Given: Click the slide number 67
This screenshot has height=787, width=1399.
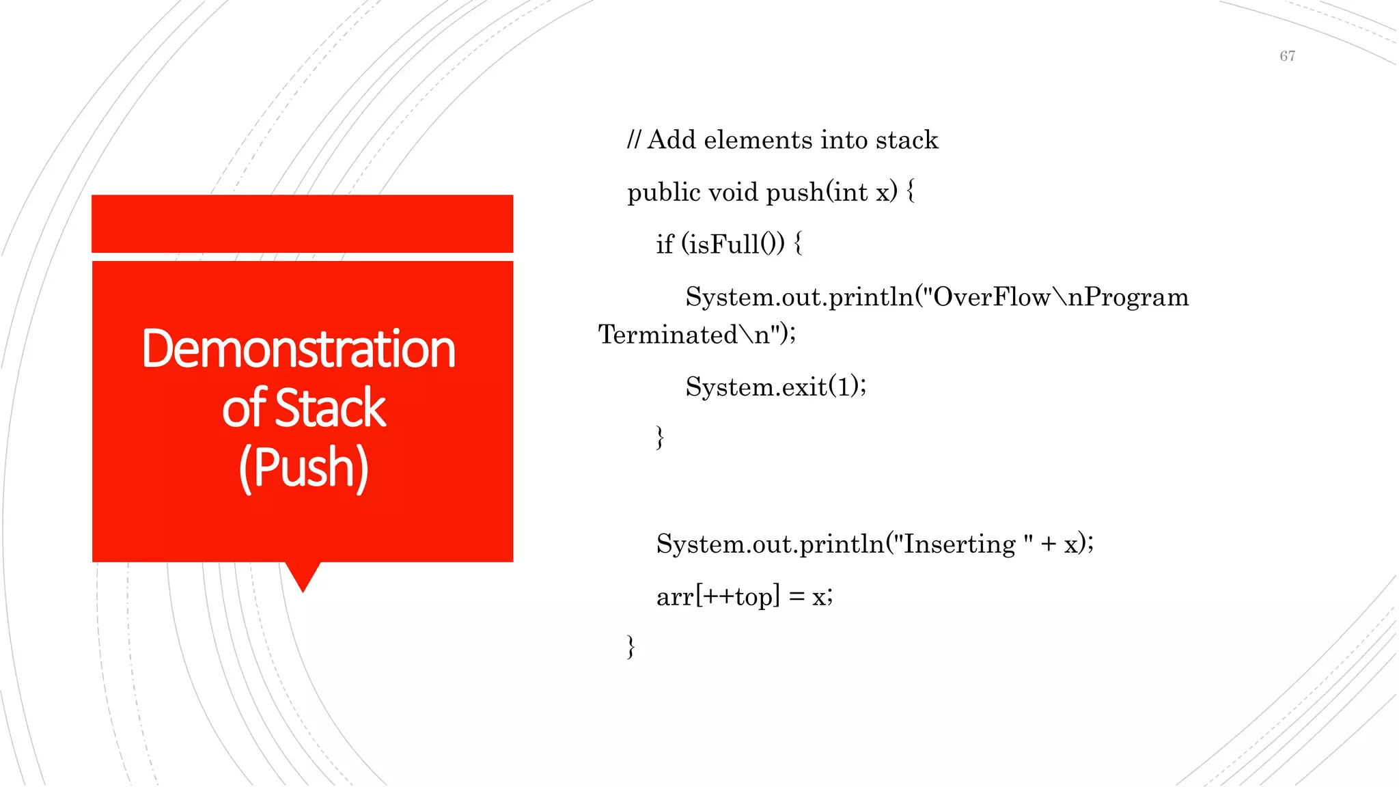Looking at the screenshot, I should click(1287, 56).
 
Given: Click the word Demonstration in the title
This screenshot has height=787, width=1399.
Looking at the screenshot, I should click(299, 349).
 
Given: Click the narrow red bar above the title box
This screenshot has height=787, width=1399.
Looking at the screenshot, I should click(302, 223).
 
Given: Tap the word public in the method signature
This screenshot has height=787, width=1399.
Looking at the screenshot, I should click(664, 193).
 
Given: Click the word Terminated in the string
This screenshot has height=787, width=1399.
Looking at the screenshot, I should click(668, 335).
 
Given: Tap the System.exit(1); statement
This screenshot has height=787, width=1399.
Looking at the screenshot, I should click(776, 387).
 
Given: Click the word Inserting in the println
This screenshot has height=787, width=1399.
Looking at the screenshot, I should click(960, 544).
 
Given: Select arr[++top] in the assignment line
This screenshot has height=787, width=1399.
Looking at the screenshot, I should click(718, 597).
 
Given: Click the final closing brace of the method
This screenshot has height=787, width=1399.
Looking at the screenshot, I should click(631, 646).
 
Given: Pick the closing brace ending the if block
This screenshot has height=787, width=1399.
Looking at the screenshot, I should click(659, 437).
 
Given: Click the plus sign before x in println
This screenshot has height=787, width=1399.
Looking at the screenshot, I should click(1049, 544).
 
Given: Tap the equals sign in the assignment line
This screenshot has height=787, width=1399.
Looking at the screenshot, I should click(796, 597).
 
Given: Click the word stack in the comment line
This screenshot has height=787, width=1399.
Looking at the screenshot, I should click(906, 140).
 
